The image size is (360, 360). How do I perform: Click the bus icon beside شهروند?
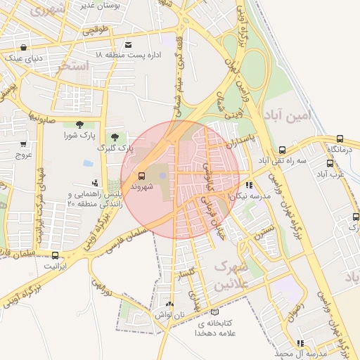click(141, 176)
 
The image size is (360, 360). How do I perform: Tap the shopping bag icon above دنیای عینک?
click(25, 48)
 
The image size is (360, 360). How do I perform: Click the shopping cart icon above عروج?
click(24, 144)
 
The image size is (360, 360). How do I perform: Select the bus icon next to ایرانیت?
click(56, 255)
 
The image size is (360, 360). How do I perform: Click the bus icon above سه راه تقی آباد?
click(282, 150)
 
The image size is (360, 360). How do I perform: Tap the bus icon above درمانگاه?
click(340, 139)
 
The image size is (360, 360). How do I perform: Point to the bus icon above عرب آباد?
click(328, 162)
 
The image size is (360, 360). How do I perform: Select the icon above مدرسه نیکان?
click(249, 186)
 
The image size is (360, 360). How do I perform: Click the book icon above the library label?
click(214, 312)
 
